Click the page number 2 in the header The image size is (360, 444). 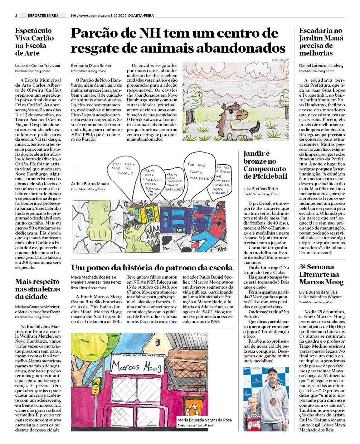click(x=16, y=15)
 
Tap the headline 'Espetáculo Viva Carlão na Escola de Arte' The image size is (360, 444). click(x=34, y=42)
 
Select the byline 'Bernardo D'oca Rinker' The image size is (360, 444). click(x=91, y=66)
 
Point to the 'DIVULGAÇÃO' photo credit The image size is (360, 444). click(x=280, y=60)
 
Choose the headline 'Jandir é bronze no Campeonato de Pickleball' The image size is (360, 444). click(x=265, y=165)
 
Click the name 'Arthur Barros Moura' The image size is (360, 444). click(x=90, y=184)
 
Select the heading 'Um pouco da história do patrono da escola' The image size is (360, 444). click(x=152, y=267)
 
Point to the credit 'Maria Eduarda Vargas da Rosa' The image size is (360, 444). click(x=204, y=420)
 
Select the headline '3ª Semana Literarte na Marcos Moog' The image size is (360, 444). click(x=321, y=274)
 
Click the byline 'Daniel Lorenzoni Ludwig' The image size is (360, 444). click(x=321, y=66)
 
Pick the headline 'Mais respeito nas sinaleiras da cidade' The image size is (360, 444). click(x=38, y=289)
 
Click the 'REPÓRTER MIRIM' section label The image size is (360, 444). click(x=43, y=15)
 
